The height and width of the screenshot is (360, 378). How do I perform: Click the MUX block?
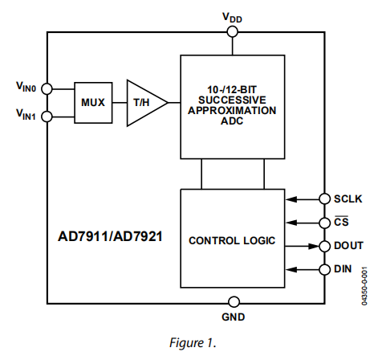92,101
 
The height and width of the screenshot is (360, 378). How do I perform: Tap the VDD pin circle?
233,31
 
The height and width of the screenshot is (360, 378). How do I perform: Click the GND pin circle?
234,302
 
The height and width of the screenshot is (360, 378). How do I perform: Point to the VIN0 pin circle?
47,87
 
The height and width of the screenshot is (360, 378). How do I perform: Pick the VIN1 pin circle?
47,117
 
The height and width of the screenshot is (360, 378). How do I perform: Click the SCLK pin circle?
325,198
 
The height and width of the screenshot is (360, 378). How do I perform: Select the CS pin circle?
325,221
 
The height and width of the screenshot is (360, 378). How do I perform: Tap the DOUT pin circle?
325,245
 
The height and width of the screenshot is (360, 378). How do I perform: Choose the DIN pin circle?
325,269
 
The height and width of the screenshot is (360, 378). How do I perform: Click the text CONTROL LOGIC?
232,240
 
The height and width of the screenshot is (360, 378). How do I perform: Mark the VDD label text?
233,15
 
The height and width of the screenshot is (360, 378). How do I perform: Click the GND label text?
234,318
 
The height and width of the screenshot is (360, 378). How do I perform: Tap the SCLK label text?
348,198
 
